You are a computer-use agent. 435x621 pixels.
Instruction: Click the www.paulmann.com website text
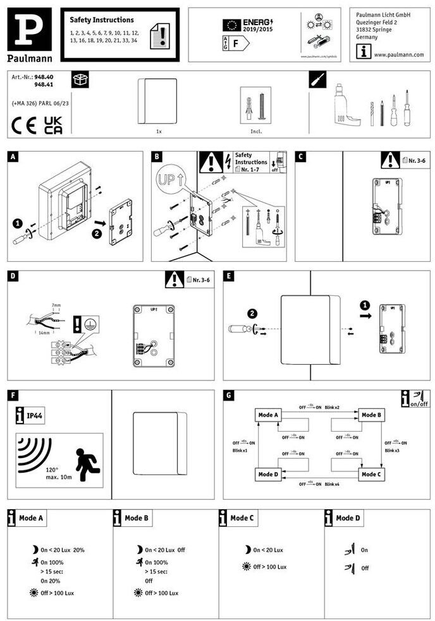[398, 54]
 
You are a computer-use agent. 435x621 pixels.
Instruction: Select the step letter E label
[229, 276]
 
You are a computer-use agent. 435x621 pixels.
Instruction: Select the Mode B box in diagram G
[371, 415]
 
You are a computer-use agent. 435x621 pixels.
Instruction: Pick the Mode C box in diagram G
[371, 473]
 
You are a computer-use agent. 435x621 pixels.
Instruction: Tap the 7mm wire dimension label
[57, 305]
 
